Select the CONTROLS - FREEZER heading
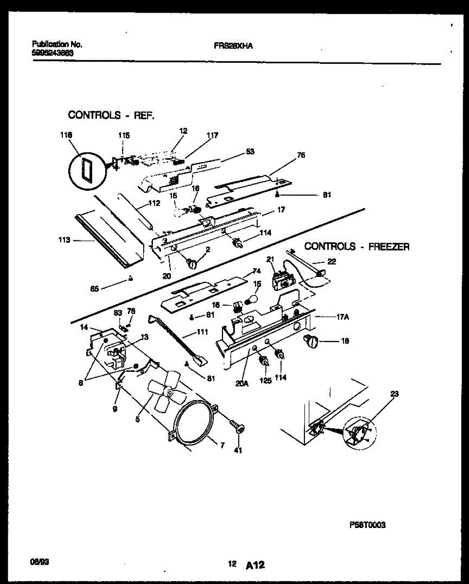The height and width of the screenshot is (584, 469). pos(356,247)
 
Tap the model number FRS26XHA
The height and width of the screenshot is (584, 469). pos(233,46)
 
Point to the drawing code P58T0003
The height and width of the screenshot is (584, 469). pos(368,525)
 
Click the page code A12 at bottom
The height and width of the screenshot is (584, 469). pos(255,565)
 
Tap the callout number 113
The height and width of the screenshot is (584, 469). pos(64,240)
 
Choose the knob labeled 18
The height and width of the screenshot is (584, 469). pos(311,341)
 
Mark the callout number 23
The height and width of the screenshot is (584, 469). pos(394,394)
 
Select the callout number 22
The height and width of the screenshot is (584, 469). pos(331,262)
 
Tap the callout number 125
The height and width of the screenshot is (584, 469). pos(265,380)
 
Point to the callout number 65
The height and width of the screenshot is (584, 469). pos(94,288)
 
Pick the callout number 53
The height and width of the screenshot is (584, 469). pos(250,151)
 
